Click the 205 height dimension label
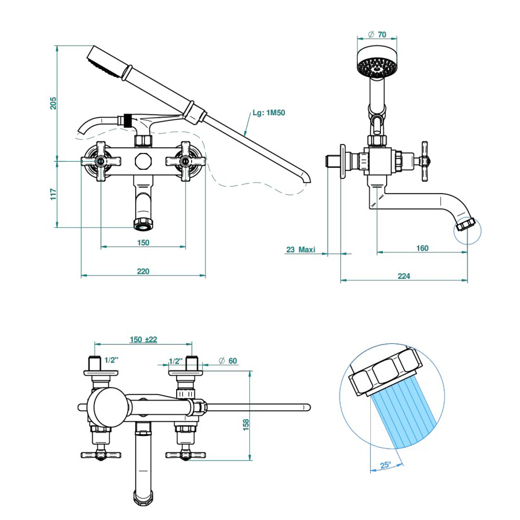(x=53, y=103)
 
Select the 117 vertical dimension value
(x=53, y=194)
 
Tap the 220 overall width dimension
(x=143, y=271)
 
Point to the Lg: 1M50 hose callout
(x=269, y=113)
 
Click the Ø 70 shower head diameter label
(x=377, y=34)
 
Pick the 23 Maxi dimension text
(x=301, y=249)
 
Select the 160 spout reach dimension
(x=422, y=248)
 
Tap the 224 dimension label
(x=403, y=276)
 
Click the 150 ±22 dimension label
(x=143, y=340)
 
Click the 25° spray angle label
(x=385, y=465)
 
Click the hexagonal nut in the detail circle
(x=383, y=375)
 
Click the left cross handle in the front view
(x=100, y=161)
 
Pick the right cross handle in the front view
(x=185, y=161)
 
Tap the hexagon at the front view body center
(x=143, y=160)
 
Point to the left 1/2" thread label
(x=112, y=361)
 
